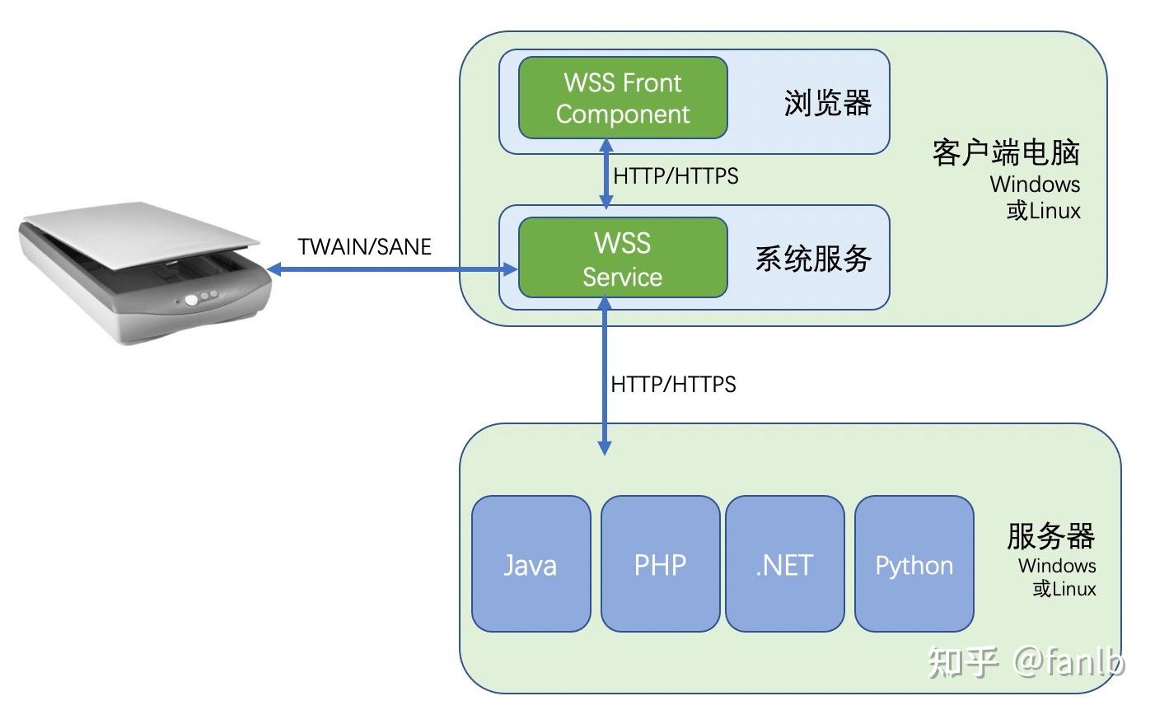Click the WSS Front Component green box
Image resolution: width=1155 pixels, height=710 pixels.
coord(623,98)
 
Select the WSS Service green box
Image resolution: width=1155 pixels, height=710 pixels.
coord(623,258)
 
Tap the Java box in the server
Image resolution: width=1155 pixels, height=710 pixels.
coord(531,564)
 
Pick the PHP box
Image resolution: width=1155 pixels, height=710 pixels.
coord(660,564)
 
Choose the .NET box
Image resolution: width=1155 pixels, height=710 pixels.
coord(784,564)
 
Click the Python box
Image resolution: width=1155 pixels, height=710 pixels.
coord(914,564)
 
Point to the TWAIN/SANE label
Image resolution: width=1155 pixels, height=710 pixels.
coord(365,246)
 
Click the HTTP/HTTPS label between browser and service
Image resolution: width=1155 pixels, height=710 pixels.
coord(676,175)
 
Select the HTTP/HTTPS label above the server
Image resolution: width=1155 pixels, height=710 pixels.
coord(673,384)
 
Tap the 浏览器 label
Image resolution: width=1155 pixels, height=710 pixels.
coord(827,104)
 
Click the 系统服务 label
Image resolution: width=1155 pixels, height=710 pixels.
coord(813,259)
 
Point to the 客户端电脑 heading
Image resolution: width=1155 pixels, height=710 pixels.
coord(1006,152)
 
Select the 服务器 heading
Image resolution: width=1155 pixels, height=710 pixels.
coord(1050,536)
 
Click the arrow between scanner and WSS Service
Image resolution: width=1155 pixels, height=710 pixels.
coord(391,269)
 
